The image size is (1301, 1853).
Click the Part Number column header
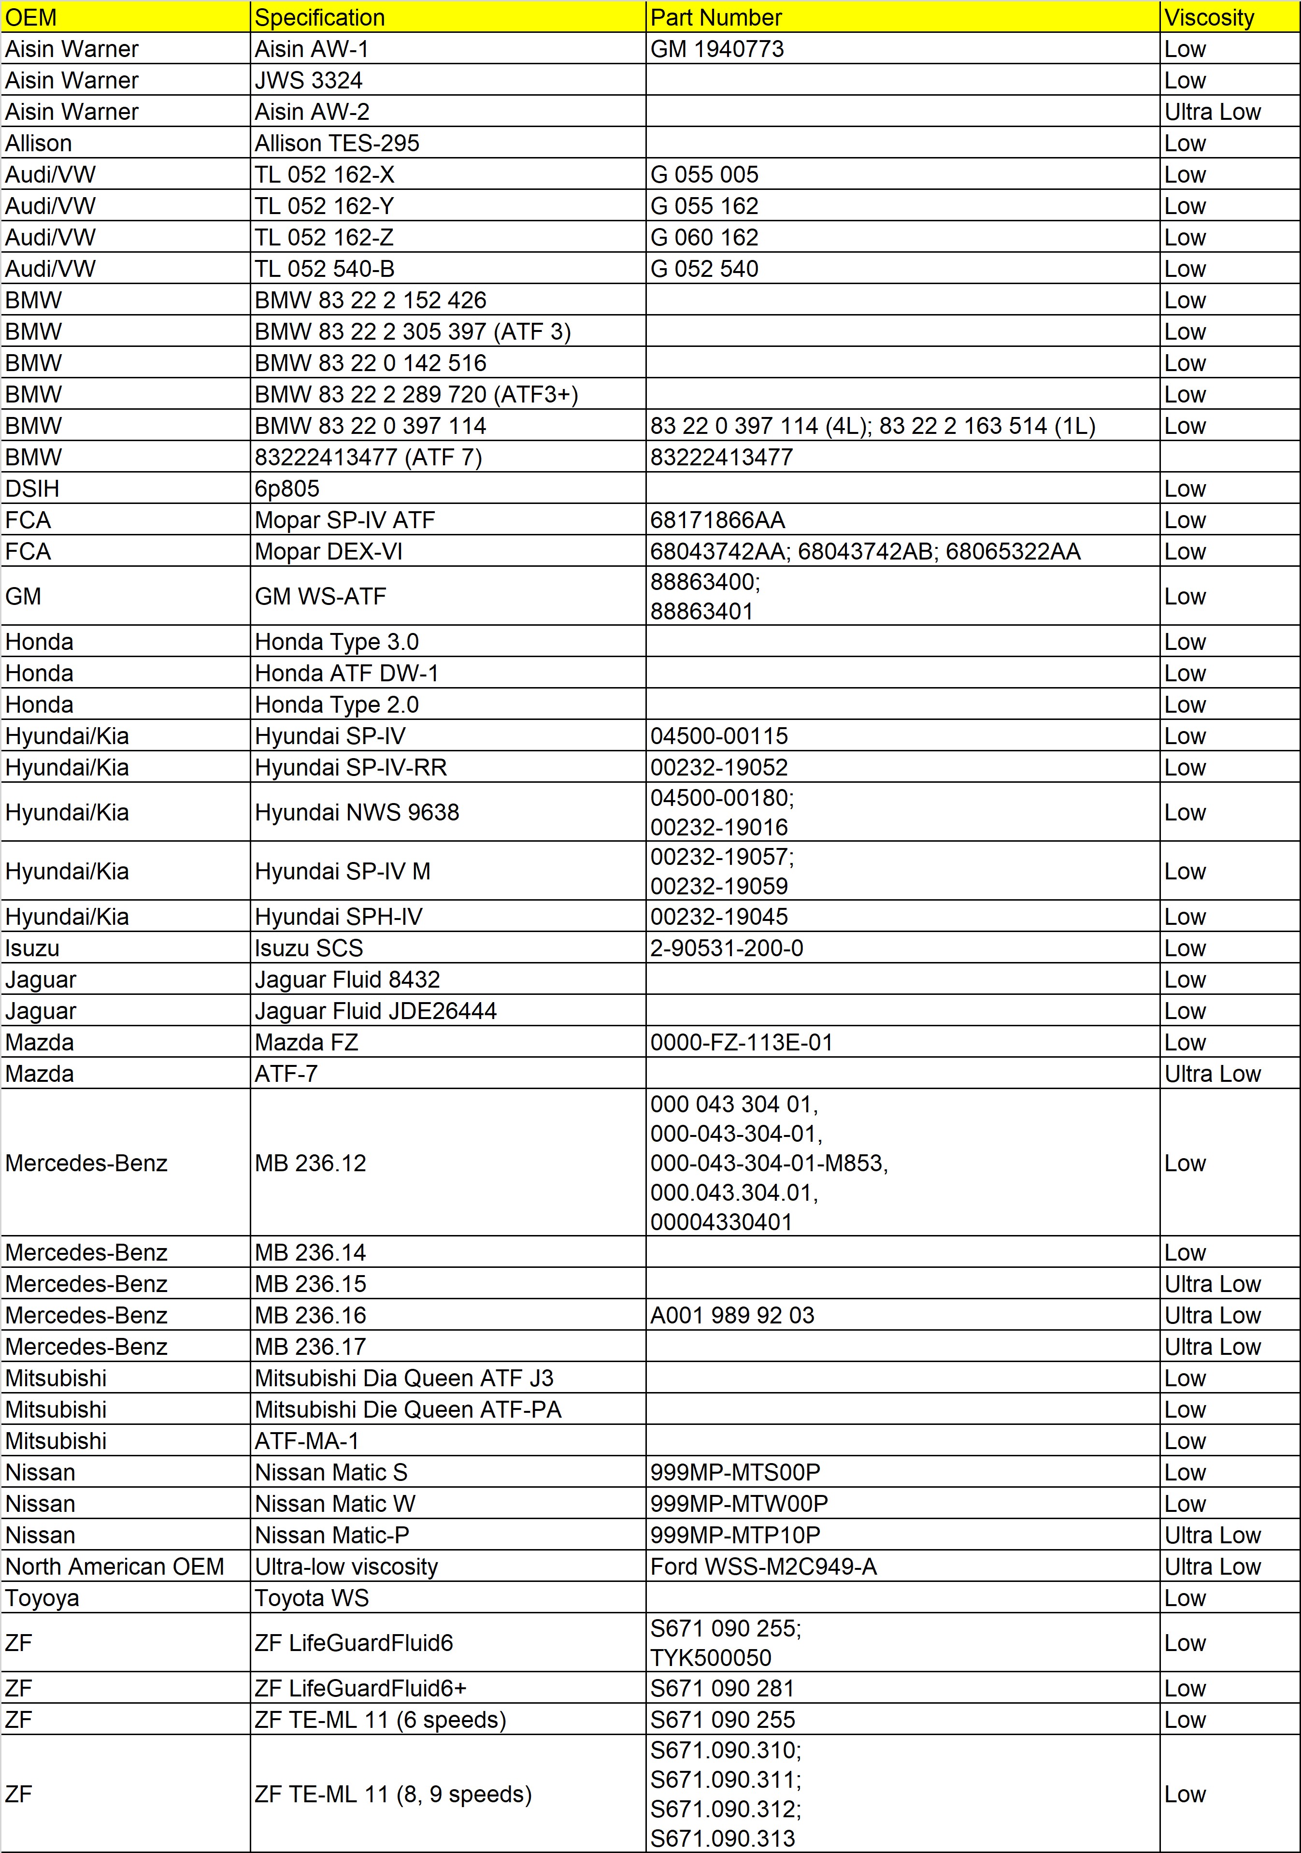click(716, 17)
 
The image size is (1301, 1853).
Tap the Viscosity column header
click(1209, 17)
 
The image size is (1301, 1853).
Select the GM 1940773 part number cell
click(716, 48)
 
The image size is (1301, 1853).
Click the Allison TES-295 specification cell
click(337, 143)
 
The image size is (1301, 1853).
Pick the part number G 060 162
click(704, 237)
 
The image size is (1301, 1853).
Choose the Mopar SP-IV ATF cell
click(344, 520)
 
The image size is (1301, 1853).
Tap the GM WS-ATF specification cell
click(320, 596)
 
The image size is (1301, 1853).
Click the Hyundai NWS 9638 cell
click(357, 812)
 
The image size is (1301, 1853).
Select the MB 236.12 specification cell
click(310, 1163)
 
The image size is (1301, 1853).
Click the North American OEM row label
click(114, 1566)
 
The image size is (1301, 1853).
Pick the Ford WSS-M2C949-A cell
click(763, 1566)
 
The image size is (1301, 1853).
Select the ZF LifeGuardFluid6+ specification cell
click(360, 1688)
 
